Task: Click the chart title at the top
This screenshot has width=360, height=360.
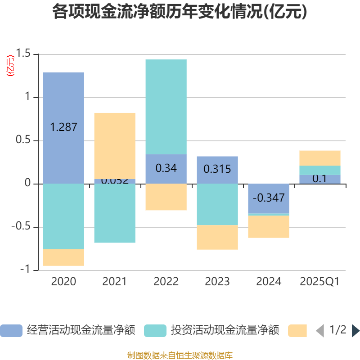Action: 180,12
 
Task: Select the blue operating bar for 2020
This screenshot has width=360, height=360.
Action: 63,103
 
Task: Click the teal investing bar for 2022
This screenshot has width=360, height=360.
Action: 166,107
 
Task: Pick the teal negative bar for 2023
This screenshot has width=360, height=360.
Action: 217,204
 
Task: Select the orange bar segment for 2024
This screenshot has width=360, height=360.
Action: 269,227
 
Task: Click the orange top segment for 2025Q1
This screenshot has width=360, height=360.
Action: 320,157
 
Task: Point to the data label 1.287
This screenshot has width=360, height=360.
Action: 63,127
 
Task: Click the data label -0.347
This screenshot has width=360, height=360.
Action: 269,198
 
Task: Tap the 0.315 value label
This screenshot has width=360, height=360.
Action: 217,169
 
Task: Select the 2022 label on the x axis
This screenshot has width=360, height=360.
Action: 166,282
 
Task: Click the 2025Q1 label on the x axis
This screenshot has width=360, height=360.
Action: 320,282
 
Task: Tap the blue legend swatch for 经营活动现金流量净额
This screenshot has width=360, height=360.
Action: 11,331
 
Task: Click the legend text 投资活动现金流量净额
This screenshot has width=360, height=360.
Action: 225,331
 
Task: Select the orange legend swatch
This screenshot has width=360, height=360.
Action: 297,331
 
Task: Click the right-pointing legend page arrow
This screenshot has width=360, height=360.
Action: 355,331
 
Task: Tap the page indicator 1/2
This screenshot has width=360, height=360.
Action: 338,330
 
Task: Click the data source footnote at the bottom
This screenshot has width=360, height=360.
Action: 180,355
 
